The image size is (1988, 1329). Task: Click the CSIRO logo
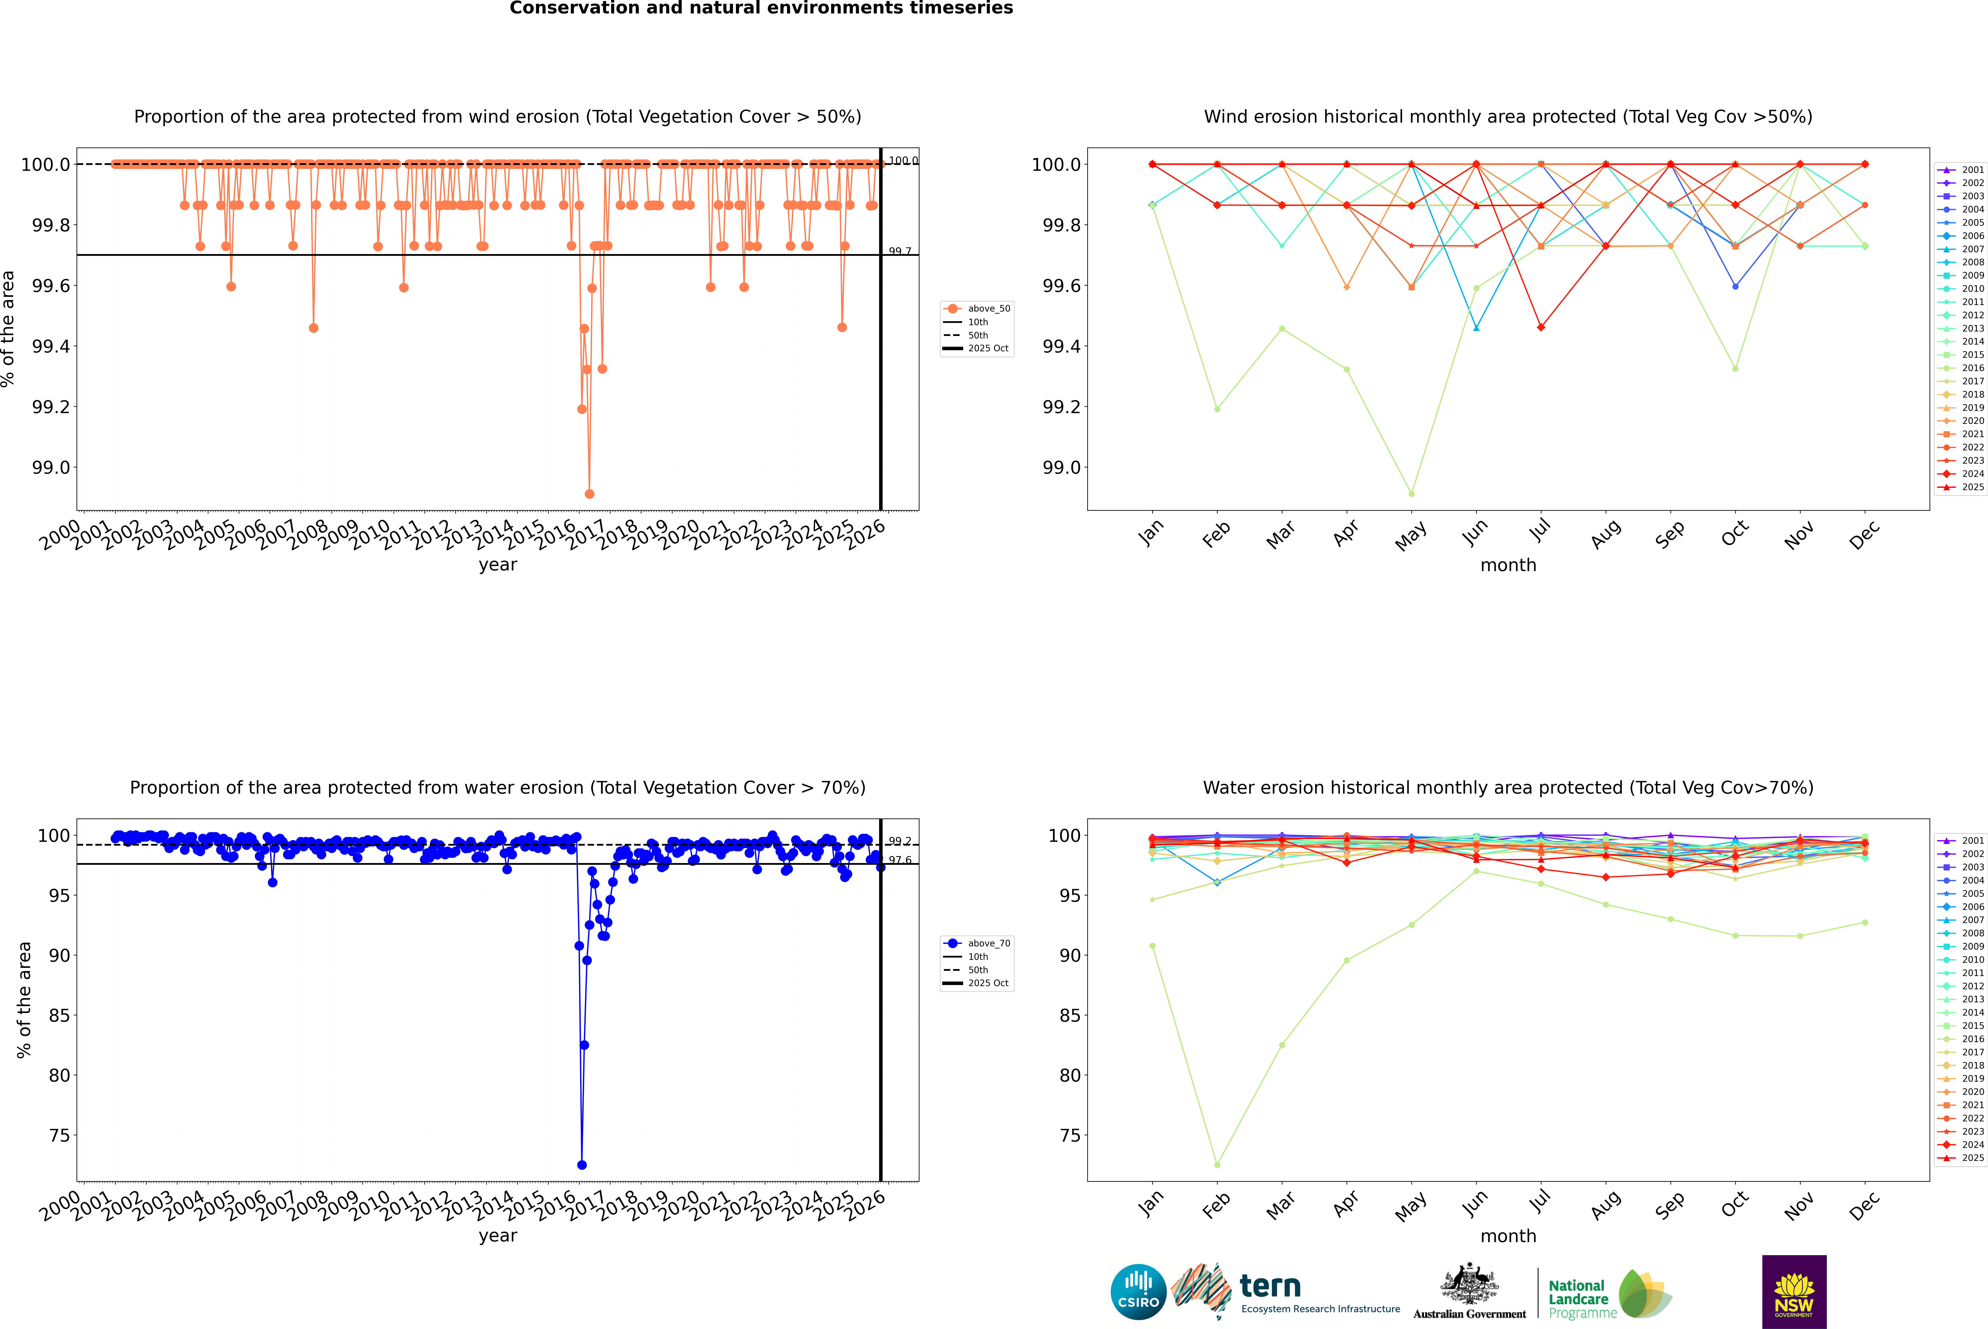pyautogui.click(x=1138, y=1292)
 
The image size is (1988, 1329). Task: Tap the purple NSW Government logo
pyautogui.click(x=1794, y=1292)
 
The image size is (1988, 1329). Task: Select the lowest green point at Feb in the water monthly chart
pyautogui.click(x=1217, y=1165)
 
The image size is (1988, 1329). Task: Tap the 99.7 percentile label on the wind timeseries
pyautogui.click(x=900, y=252)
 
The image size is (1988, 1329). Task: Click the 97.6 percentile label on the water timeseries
pyautogui.click(x=900, y=860)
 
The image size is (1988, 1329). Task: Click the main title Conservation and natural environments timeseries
pyautogui.click(x=761, y=8)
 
